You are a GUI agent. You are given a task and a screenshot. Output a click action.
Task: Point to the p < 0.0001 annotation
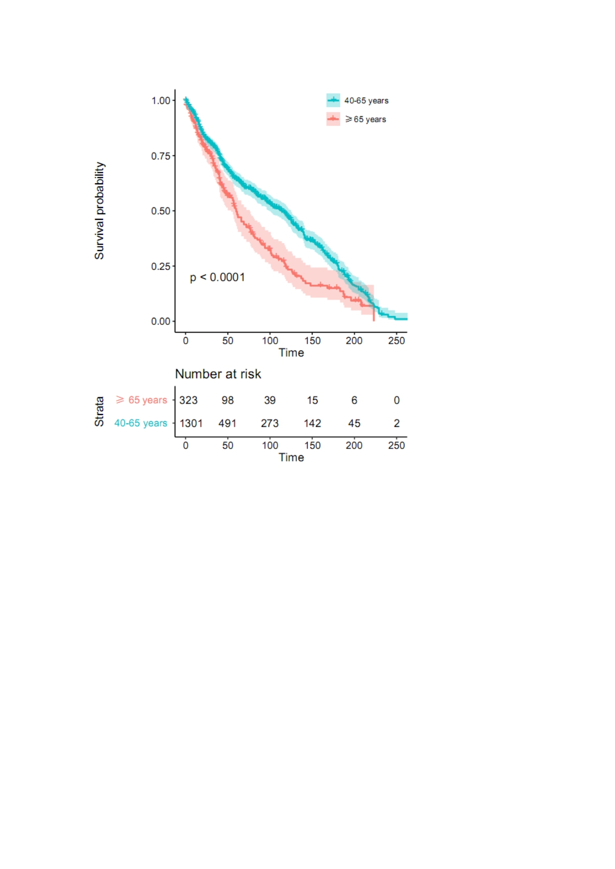click(218, 277)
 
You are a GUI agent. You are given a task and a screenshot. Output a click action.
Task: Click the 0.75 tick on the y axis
click(161, 156)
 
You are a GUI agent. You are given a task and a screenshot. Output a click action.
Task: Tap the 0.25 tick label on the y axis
click(161, 266)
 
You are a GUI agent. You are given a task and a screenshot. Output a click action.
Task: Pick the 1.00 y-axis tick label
click(161, 101)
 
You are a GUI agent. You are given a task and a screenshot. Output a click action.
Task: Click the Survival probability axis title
click(100, 210)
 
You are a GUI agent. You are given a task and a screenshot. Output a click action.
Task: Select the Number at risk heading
click(218, 374)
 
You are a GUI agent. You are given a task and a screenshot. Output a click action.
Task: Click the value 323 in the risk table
click(188, 400)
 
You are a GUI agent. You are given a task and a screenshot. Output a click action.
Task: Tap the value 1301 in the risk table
click(191, 423)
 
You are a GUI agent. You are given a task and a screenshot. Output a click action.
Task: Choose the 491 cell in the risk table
click(227, 423)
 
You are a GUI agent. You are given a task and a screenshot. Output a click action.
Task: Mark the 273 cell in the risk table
click(270, 423)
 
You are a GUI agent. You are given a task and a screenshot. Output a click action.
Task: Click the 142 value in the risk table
click(312, 423)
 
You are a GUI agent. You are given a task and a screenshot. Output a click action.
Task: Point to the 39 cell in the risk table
click(270, 400)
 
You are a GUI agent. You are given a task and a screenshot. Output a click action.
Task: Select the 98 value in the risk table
click(227, 400)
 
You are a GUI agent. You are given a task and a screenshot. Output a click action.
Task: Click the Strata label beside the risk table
click(100, 411)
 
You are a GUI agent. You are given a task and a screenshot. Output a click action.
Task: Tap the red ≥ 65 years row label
click(141, 400)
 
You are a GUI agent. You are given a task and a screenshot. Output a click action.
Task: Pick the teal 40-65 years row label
click(141, 423)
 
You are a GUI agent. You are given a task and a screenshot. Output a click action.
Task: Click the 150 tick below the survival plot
click(312, 341)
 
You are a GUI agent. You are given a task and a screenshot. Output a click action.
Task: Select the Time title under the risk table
click(291, 458)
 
